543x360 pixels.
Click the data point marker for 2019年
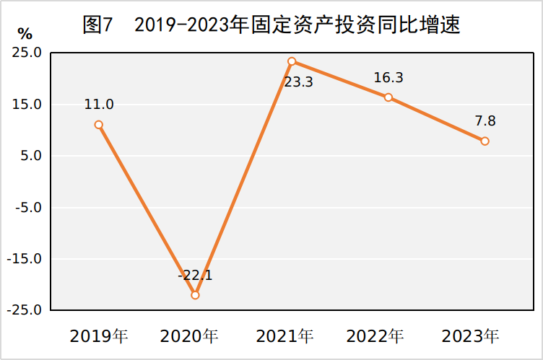pyautogui.click(x=99, y=125)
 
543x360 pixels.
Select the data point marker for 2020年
pyautogui.click(x=195, y=295)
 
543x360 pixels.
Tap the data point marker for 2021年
pyautogui.click(x=292, y=61)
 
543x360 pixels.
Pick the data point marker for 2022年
pyautogui.click(x=388, y=97)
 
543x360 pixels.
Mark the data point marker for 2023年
pyautogui.click(x=485, y=141)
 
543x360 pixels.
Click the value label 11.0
pyautogui.click(x=99, y=104)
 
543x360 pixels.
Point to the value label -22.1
pyautogui.click(x=195, y=276)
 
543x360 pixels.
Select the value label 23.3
pyautogui.click(x=298, y=82)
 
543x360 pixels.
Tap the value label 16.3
pyautogui.click(x=388, y=77)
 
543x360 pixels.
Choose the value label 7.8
pyautogui.click(x=485, y=120)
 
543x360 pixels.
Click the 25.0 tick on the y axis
pyautogui.click(x=27, y=53)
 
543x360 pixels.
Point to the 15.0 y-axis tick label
pyautogui.click(x=27, y=104)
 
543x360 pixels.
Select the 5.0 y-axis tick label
pyautogui.click(x=31, y=156)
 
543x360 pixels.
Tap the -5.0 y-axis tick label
pyautogui.click(x=28, y=207)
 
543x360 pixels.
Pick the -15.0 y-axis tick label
pyautogui.click(x=25, y=259)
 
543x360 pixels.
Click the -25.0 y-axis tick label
pyautogui.click(x=25, y=310)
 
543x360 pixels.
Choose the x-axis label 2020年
pyautogui.click(x=189, y=336)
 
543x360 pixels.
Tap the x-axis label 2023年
pyautogui.click(x=470, y=336)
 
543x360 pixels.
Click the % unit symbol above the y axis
pyautogui.click(x=25, y=34)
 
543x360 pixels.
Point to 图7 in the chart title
pyautogui.click(x=98, y=25)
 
